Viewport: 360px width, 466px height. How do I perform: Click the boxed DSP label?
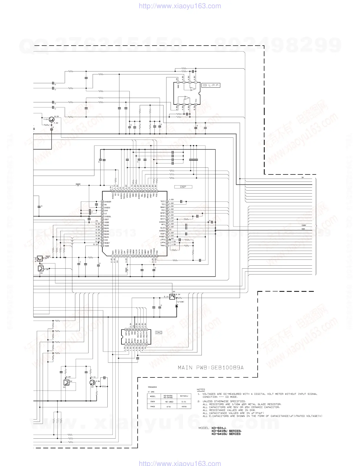[183, 187]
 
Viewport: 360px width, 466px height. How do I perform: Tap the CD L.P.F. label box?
[211, 85]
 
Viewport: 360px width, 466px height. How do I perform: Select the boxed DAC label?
[159, 332]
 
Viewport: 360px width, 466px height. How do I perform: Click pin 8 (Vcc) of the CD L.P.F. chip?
[196, 104]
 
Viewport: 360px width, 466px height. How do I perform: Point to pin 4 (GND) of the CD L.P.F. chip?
[178, 82]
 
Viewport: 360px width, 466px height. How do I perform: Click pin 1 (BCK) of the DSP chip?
[112, 256]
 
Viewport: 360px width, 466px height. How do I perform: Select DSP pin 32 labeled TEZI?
[167, 202]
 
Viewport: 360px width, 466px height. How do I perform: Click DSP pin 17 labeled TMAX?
[167, 245]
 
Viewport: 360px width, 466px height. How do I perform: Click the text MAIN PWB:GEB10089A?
[211, 368]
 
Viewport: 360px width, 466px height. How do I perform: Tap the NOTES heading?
[201, 390]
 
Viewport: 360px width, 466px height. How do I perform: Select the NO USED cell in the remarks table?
[169, 402]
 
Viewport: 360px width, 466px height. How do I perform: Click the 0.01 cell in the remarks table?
[184, 402]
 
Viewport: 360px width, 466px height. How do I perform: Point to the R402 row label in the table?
[152, 407]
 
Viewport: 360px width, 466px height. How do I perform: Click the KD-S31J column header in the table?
[184, 396]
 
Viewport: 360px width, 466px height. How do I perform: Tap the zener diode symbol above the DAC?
[176, 306]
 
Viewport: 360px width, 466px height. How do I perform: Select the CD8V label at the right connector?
[304, 225]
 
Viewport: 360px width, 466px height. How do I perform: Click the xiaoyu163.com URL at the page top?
[180, 6]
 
